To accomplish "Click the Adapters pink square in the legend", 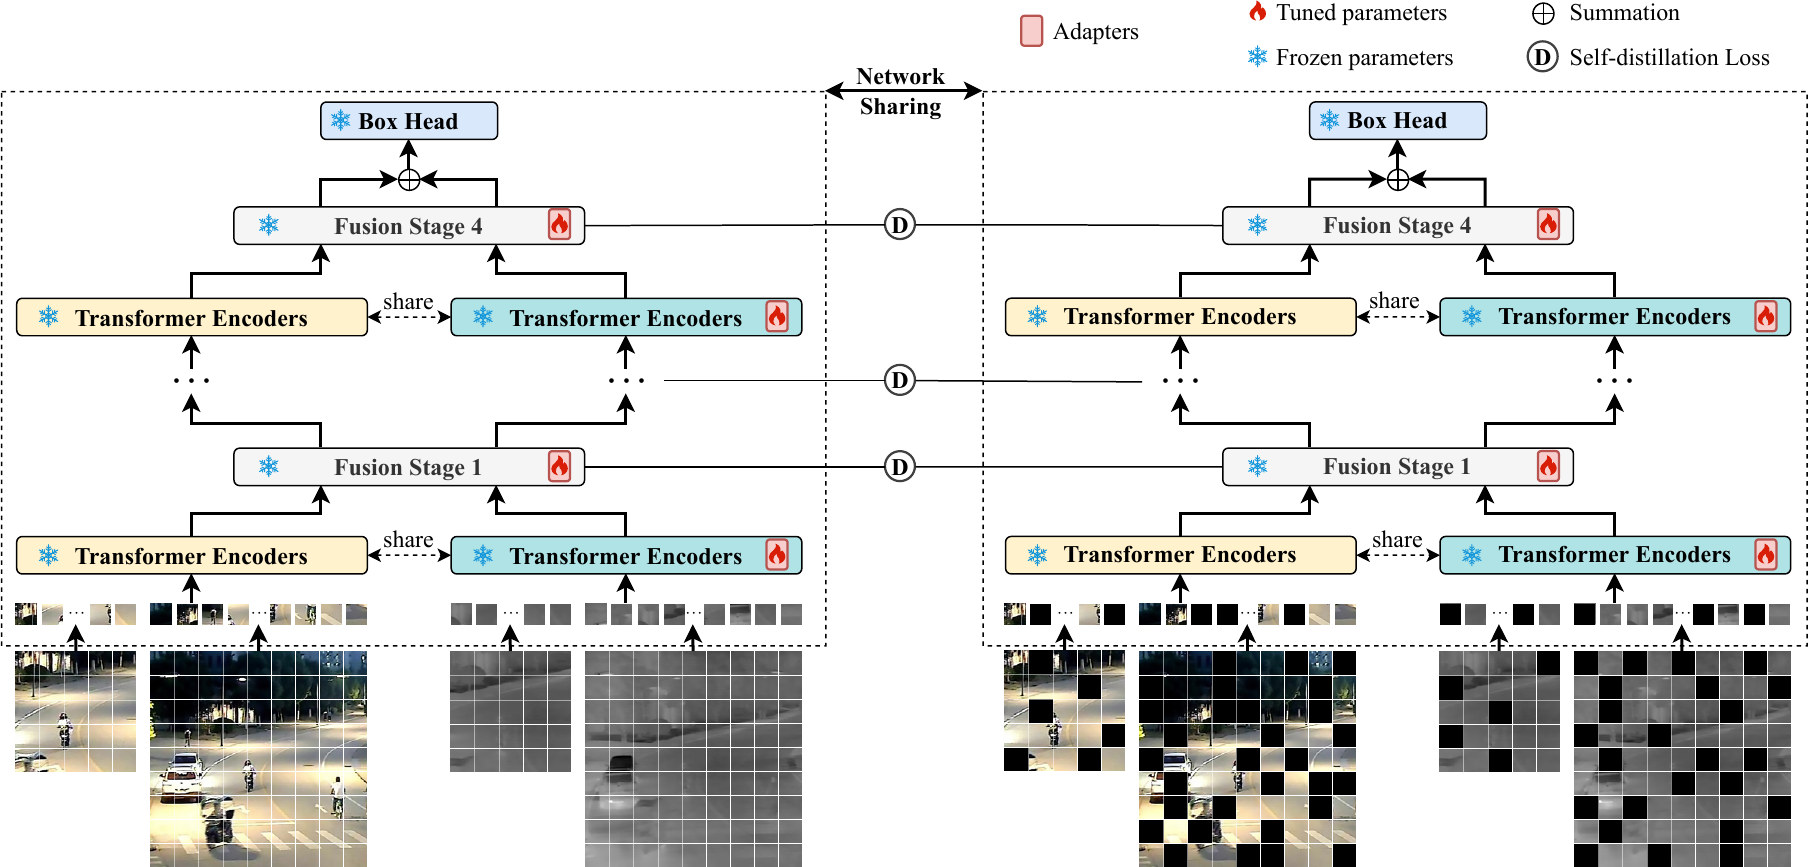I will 1031,31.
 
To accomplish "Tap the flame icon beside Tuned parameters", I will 1257,12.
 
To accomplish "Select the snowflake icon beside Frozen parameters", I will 1257,57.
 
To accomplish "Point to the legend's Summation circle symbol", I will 1543,13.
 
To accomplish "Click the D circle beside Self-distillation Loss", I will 1542,57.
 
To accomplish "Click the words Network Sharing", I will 900,91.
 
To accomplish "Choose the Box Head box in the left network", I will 408,121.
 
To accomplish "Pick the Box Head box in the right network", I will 1397,120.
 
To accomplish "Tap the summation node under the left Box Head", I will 409,180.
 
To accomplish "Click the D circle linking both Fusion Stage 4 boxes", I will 900,225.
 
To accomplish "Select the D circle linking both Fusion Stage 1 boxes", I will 900,466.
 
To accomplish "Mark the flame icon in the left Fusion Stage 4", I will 559,225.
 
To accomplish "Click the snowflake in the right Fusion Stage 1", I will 1257,466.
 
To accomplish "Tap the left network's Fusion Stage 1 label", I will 408,467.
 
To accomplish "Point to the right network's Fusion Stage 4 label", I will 1397,226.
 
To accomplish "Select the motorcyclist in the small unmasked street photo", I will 65,727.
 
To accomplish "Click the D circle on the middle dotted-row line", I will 900,380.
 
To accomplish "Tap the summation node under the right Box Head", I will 1398,180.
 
